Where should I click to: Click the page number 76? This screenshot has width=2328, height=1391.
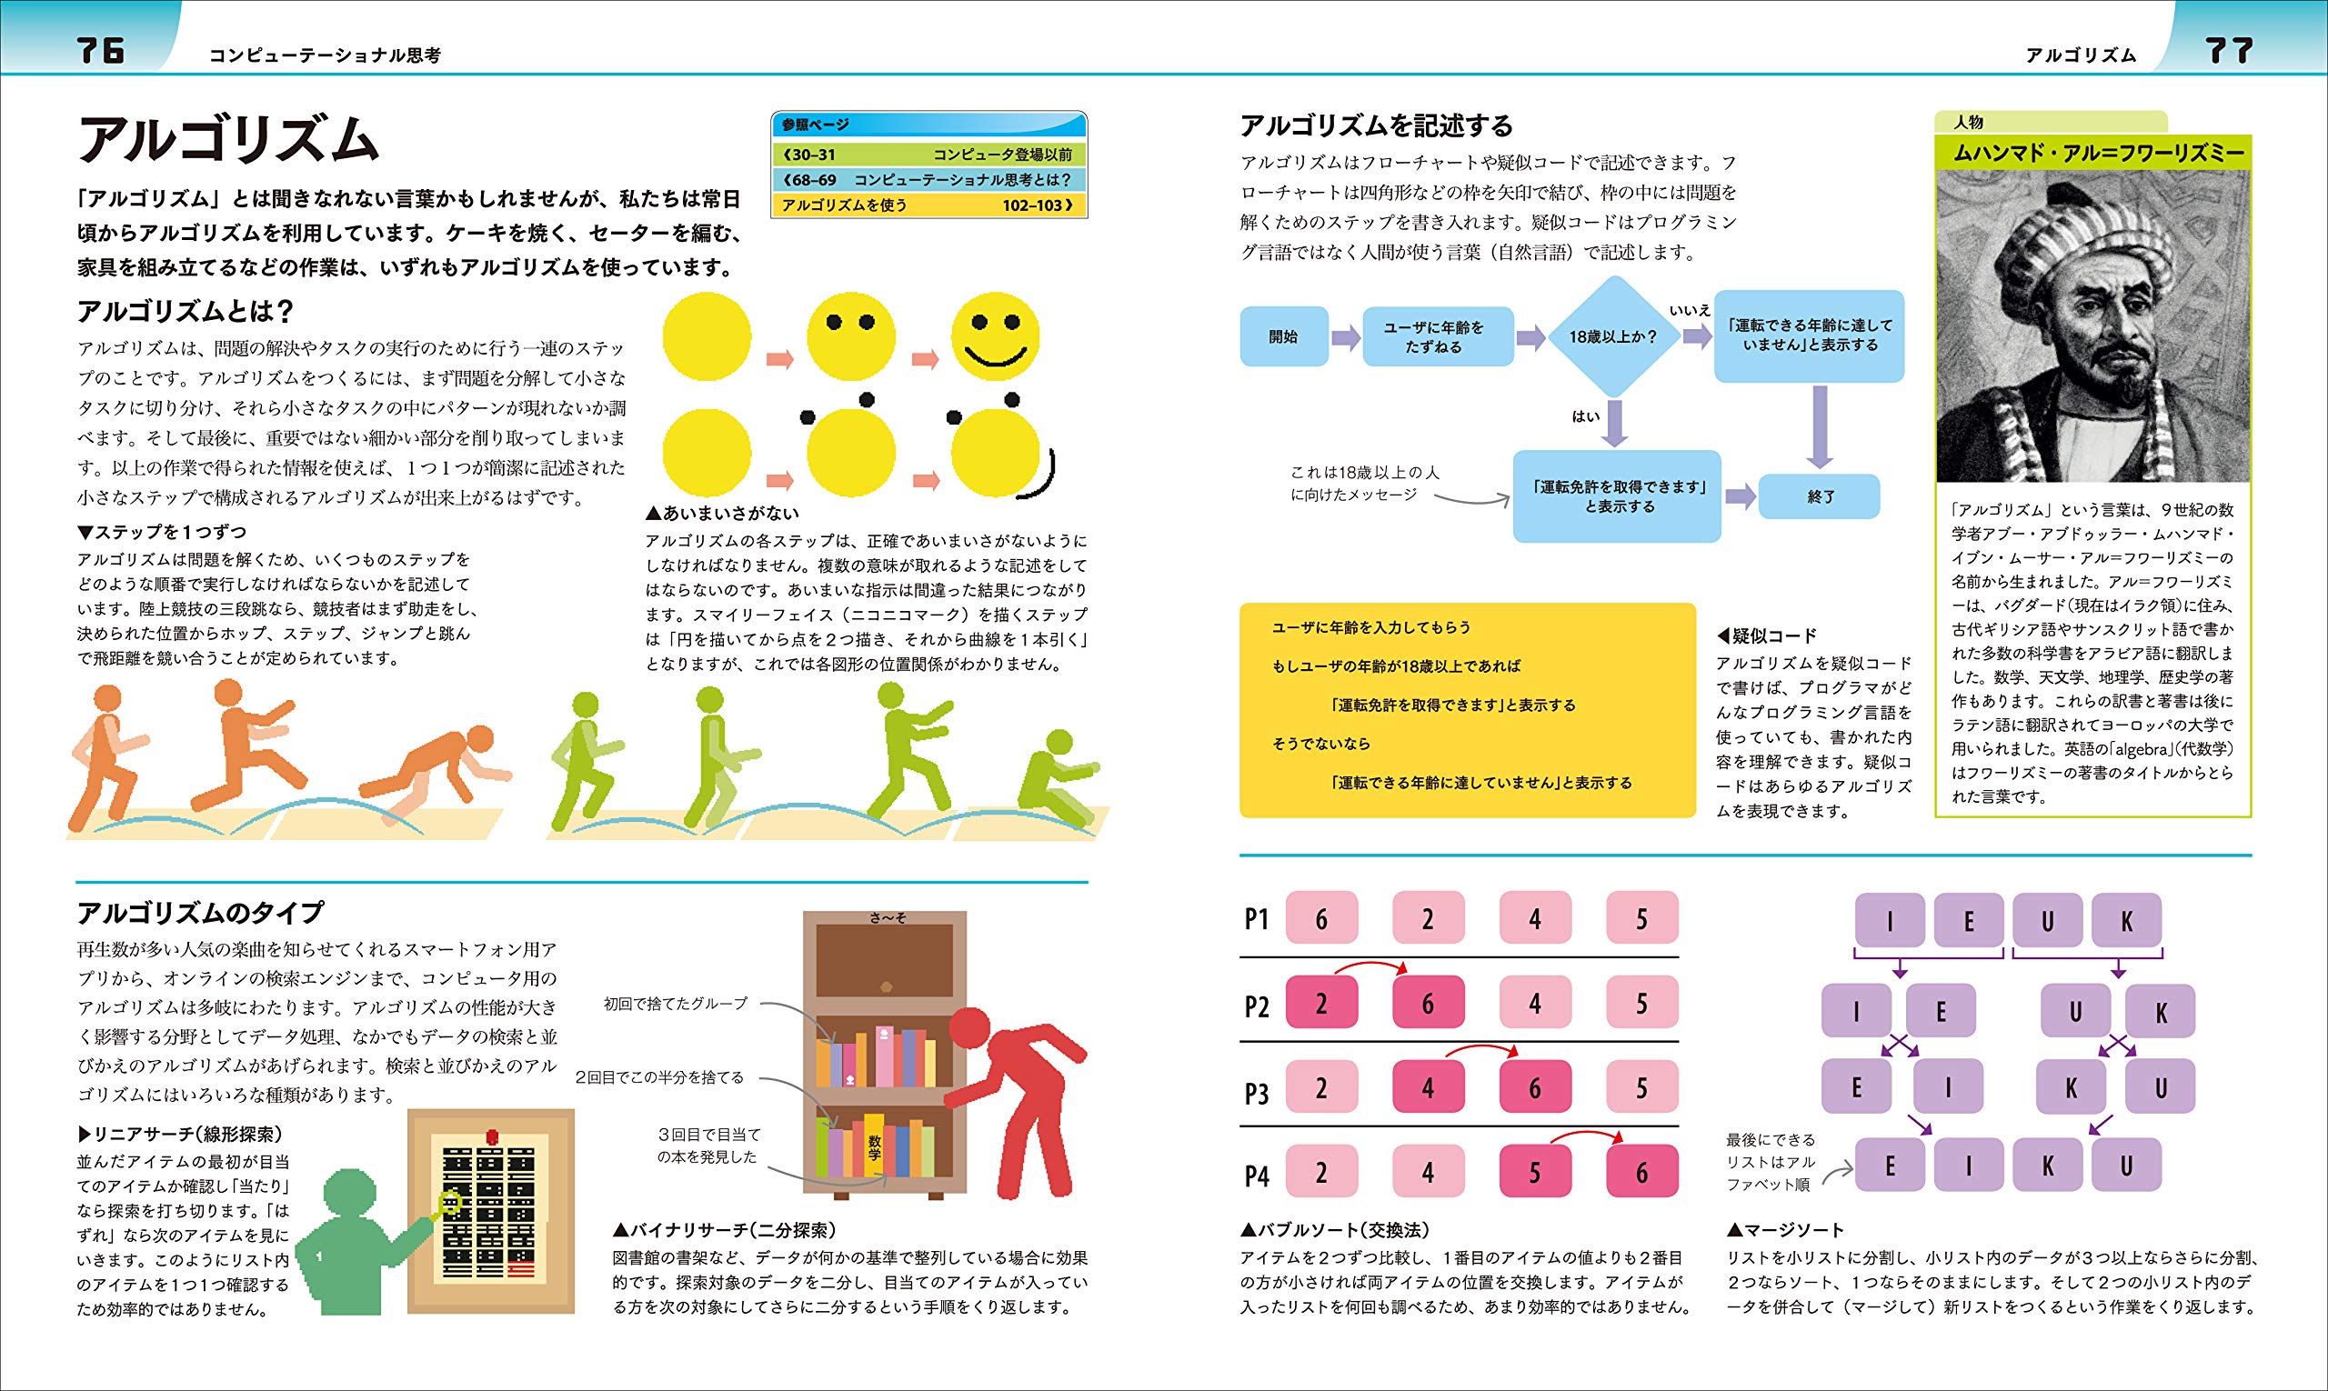[100, 50]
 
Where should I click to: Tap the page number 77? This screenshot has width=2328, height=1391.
[2228, 50]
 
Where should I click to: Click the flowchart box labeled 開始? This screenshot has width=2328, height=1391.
[1282, 336]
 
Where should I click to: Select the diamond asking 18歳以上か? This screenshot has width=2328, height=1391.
[1612, 336]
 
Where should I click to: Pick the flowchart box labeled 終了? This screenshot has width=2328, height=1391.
[1819, 496]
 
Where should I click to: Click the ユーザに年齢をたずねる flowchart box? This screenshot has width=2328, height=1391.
[1438, 336]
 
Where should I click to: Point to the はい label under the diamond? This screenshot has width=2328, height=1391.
[1585, 415]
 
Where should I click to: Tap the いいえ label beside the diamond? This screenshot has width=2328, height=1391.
[1690, 308]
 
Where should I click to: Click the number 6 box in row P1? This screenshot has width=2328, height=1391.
[1321, 918]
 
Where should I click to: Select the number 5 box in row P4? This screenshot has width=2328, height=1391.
[1535, 1172]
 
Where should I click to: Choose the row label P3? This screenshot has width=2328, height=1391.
[1257, 1093]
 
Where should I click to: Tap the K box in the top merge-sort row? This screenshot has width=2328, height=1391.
[2125, 921]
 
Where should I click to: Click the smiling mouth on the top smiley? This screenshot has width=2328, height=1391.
[996, 356]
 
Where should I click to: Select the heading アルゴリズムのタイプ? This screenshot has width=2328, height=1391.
[200, 913]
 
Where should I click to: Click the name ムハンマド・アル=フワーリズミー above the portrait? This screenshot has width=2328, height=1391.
[2092, 154]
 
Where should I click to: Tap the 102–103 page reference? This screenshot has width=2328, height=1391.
[1037, 205]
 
